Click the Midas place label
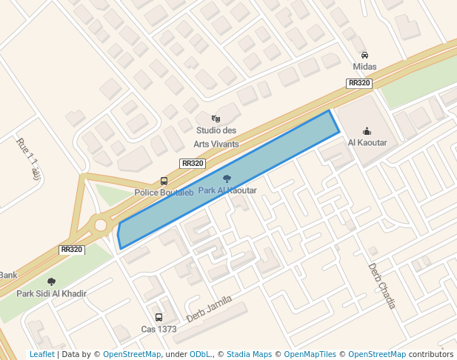(364, 67)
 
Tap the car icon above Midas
(364, 56)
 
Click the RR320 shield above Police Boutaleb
(193, 164)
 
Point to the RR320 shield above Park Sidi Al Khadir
(72, 250)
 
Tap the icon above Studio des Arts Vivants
(216, 119)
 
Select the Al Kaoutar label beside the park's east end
(367, 143)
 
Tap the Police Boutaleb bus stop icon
(164, 181)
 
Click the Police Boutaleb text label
(164, 193)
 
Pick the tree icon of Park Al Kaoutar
(227, 179)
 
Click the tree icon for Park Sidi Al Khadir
(51, 281)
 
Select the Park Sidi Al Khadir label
(51, 293)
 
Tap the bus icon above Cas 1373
(159, 317)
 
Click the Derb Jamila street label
(209, 309)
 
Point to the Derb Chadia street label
(382, 286)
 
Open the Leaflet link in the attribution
(41, 354)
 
